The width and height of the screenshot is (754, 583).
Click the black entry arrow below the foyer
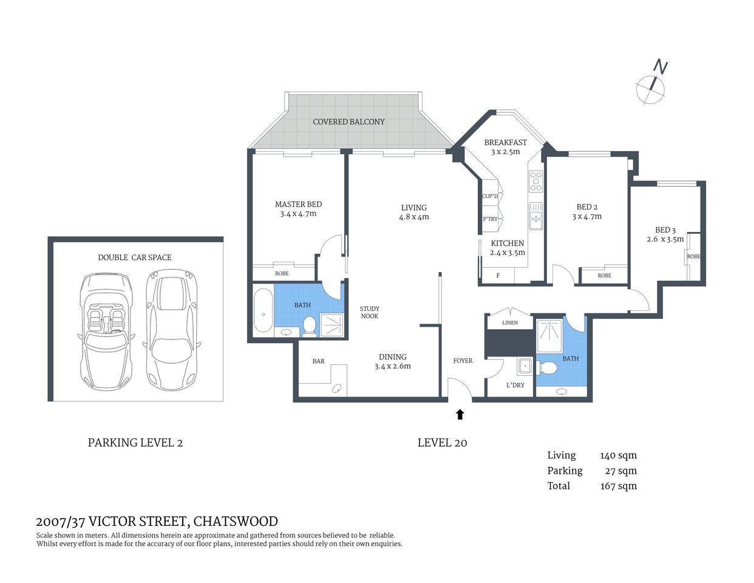(x=460, y=414)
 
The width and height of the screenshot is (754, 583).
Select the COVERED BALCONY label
(x=348, y=121)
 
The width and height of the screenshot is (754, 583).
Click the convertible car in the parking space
(x=106, y=332)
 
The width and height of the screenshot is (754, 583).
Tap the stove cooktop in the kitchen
(x=536, y=182)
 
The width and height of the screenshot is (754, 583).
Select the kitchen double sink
(x=535, y=216)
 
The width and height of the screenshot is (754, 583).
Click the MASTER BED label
(x=298, y=205)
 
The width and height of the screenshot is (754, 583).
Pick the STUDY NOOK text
(x=369, y=312)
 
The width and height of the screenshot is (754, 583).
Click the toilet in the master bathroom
(x=310, y=326)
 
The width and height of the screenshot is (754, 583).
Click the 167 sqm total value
(x=618, y=486)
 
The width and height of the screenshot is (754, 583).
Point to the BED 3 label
(x=665, y=230)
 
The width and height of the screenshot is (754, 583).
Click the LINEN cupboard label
(x=510, y=322)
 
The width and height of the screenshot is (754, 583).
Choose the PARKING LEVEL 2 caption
(x=135, y=443)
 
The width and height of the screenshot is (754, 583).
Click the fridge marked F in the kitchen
(x=498, y=276)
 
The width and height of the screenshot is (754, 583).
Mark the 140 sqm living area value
(x=618, y=455)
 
